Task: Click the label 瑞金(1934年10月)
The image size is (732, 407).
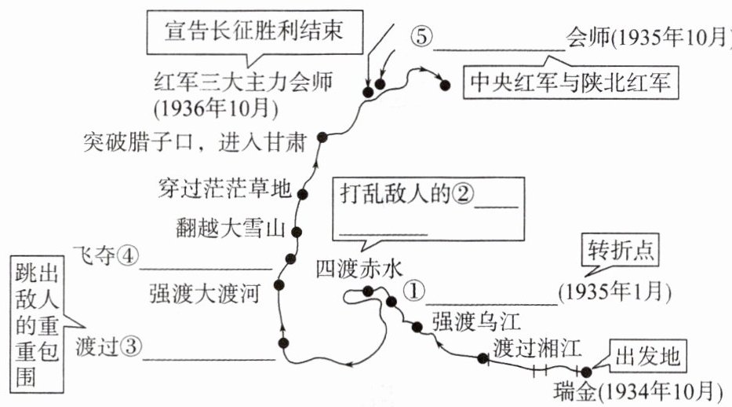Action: (x=636, y=390)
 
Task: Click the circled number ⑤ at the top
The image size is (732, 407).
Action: (x=420, y=36)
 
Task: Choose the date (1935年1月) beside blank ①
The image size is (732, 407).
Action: (x=615, y=292)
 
